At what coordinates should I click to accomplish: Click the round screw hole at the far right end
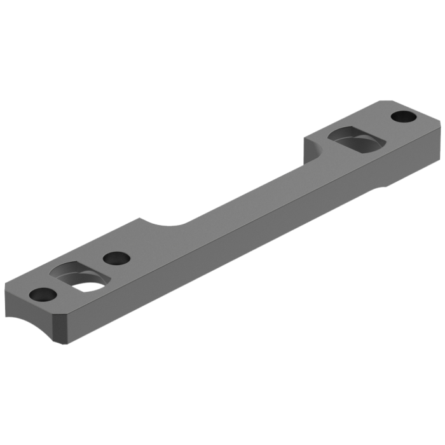402,117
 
